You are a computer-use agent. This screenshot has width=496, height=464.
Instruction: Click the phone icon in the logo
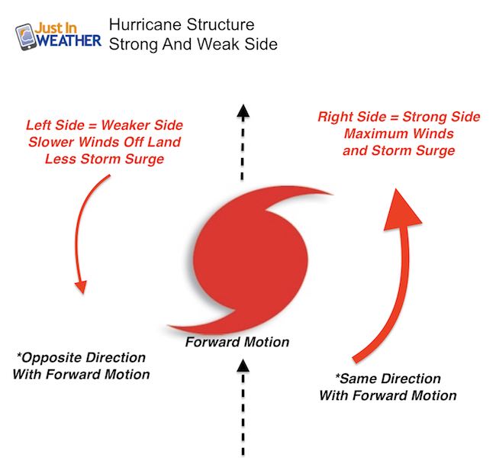[x=26, y=37]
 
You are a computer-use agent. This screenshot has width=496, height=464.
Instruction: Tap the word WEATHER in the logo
[x=69, y=40]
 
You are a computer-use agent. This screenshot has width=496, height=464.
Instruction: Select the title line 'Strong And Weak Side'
[x=193, y=44]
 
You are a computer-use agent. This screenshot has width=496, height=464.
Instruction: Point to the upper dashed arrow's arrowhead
[x=243, y=112]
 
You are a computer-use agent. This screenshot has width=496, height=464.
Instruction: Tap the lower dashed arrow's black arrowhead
[x=243, y=366]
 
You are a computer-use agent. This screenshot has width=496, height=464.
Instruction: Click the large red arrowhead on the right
[x=401, y=211]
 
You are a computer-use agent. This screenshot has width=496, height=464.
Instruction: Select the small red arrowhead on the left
[x=82, y=286]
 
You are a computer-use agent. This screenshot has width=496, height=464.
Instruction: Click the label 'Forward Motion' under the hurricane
[x=237, y=342]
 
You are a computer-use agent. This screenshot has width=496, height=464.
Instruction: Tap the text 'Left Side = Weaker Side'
[x=105, y=125]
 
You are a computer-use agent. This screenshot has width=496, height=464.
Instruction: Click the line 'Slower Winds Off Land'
[x=105, y=142]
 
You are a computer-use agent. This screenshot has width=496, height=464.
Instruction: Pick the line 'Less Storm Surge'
[x=105, y=159]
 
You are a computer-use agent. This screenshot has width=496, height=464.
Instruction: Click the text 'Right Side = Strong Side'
[x=399, y=117]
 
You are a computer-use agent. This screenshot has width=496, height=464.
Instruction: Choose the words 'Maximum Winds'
[x=399, y=134]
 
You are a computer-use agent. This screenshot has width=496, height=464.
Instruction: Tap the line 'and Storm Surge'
[x=399, y=150]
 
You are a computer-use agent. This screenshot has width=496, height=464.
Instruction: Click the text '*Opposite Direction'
[x=82, y=358]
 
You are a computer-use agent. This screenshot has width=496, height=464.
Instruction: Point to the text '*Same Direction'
[x=388, y=379]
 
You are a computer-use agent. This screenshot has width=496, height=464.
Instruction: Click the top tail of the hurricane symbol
[x=304, y=195]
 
